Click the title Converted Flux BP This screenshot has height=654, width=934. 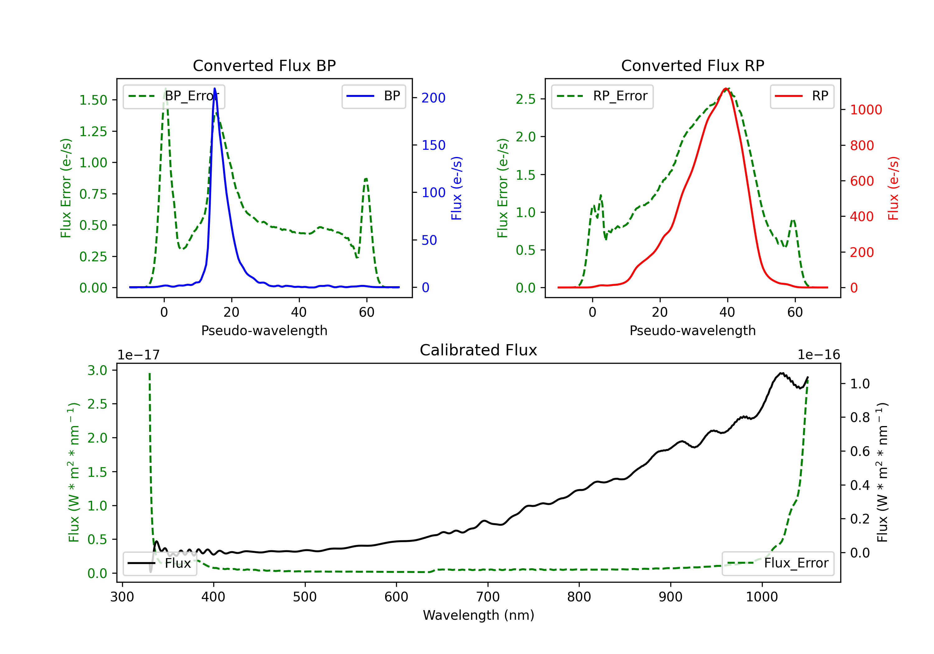264,65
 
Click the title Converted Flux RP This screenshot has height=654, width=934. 692,65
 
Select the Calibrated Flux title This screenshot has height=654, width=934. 479,350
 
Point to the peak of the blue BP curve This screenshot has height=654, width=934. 215,88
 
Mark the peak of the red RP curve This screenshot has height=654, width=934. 726,88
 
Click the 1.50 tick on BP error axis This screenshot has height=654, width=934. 93,100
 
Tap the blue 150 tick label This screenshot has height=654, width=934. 433,145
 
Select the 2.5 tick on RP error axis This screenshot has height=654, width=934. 526,99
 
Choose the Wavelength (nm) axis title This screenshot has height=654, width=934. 479,615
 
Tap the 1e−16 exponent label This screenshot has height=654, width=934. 818,355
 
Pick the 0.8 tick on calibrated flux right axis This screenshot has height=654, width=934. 860,418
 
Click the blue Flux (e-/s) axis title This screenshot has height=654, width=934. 456,188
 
